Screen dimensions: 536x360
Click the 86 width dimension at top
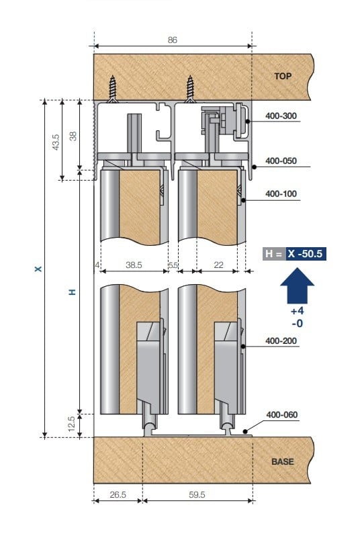click(x=172, y=40)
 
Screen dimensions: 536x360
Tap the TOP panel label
click(x=283, y=76)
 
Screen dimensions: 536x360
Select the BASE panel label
click(x=283, y=462)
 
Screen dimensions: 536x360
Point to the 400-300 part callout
click(x=281, y=116)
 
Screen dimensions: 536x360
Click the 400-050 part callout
click(x=281, y=161)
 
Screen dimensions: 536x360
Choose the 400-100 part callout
click(x=281, y=194)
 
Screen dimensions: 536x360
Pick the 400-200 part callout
click(x=281, y=341)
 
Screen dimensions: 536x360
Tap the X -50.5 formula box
click(x=306, y=255)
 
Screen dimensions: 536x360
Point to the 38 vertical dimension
click(x=73, y=136)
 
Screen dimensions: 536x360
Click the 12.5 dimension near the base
click(x=72, y=425)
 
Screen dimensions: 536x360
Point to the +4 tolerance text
click(x=296, y=312)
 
